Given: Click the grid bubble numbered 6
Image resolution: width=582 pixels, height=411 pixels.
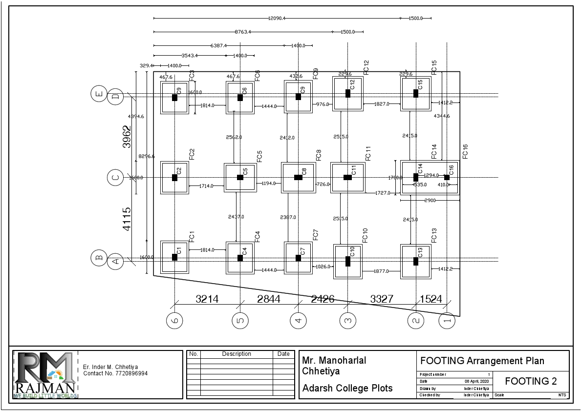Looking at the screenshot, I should pyautogui.click(x=174, y=320).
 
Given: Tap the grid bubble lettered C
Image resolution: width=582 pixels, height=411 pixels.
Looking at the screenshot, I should pyautogui.click(x=115, y=178).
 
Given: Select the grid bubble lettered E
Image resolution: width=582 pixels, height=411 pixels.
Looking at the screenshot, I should pyautogui.click(x=99, y=93).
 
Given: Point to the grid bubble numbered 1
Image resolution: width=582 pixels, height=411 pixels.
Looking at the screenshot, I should pyautogui.click(x=447, y=321).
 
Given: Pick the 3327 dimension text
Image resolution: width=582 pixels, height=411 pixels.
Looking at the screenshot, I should pyautogui.click(x=382, y=299).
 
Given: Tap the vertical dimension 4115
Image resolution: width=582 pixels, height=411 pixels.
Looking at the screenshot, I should pyautogui.click(x=127, y=219).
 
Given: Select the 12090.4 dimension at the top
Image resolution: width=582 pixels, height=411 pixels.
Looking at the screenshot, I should pyautogui.click(x=277, y=18).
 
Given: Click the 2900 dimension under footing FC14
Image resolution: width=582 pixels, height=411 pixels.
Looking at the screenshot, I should pyautogui.click(x=430, y=201).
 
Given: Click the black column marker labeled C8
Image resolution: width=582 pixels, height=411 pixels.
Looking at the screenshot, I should pyautogui.click(x=298, y=177).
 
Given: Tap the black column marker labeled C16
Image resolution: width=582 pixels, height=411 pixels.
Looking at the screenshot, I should pyautogui.click(x=447, y=177).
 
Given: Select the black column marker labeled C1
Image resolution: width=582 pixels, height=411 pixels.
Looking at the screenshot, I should pyautogui.click(x=174, y=257).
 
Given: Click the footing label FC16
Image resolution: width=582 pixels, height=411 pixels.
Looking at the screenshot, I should pyautogui.click(x=465, y=151).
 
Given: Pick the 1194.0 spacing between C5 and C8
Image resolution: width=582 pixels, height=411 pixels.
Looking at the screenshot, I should pyautogui.click(x=269, y=184).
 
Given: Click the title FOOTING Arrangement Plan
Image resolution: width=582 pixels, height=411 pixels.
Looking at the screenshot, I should pyautogui.click(x=482, y=361).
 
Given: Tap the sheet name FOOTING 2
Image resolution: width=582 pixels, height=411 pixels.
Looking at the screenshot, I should pyautogui.click(x=531, y=381).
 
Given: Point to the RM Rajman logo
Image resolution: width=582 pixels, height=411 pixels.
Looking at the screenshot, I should pyautogui.click(x=45, y=374).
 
